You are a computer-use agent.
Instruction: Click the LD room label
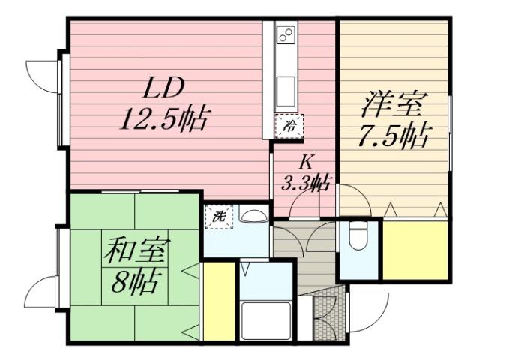(164, 88)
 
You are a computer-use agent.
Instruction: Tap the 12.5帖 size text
(164, 118)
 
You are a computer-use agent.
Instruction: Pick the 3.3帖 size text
(306, 181)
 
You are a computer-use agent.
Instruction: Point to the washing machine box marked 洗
(219, 217)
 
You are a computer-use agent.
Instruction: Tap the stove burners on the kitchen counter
(286, 34)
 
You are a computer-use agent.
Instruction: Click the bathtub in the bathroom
(264, 319)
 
